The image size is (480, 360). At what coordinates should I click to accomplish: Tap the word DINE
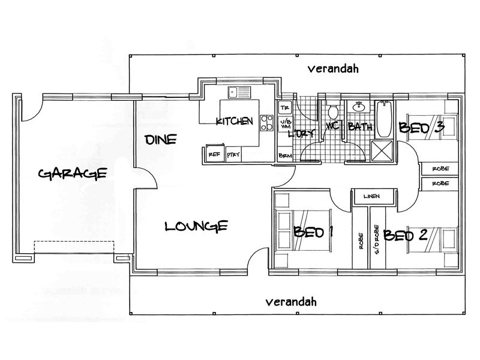click(160, 140)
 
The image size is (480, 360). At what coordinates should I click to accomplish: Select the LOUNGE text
click(196, 226)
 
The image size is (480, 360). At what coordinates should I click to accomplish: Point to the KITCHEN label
click(235, 121)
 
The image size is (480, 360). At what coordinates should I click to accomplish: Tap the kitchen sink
click(244, 93)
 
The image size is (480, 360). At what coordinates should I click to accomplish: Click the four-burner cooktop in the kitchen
click(265, 122)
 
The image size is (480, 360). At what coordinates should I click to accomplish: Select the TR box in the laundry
click(285, 108)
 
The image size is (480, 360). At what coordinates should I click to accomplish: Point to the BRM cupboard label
click(285, 155)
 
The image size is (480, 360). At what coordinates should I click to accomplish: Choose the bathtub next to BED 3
click(385, 120)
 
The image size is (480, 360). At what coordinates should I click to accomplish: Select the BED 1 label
click(313, 232)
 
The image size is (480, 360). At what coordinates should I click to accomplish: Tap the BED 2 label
click(406, 235)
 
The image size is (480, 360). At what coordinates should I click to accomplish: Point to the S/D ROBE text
click(377, 238)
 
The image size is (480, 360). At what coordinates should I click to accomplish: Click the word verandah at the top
click(333, 68)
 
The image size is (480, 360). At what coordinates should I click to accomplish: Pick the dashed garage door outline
click(74, 248)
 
